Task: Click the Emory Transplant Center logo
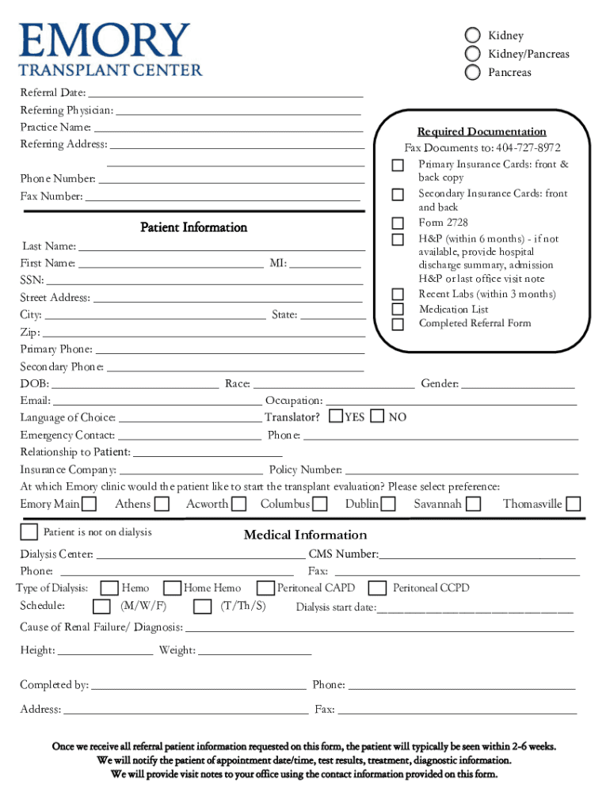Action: click(111, 49)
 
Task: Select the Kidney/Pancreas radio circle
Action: click(473, 54)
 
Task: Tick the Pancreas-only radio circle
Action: click(473, 72)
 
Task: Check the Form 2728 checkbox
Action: click(398, 223)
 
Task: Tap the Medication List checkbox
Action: click(398, 310)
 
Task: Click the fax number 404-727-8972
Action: click(528, 148)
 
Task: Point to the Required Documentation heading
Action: click(482, 131)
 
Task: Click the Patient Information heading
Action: click(194, 227)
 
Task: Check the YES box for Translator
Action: click(336, 416)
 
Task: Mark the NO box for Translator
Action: click(378, 416)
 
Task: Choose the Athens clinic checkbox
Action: click(162, 504)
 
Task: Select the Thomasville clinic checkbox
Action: click(573, 504)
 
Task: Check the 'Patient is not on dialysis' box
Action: click(29, 531)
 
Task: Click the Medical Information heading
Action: click(305, 535)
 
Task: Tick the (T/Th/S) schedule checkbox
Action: click(203, 607)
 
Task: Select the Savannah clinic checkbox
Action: click(473, 504)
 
